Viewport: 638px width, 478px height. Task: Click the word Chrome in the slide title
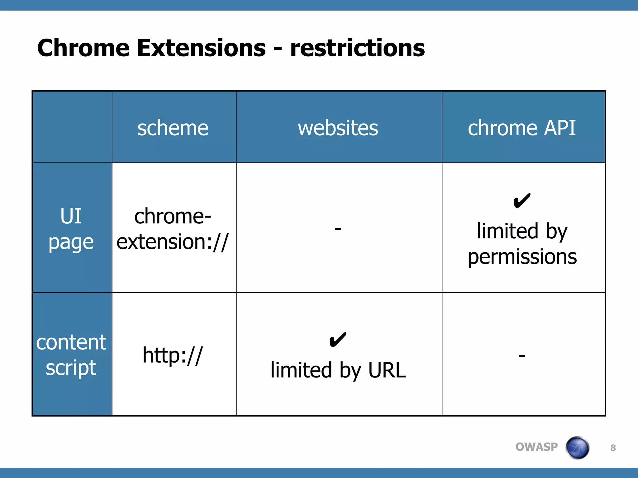[x=83, y=48]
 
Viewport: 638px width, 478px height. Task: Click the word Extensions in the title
[x=201, y=48]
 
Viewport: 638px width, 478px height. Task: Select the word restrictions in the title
[x=357, y=48]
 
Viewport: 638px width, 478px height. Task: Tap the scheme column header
[x=173, y=128]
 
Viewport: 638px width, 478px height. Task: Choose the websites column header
[x=338, y=128]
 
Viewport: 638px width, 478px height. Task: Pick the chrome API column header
[x=522, y=128]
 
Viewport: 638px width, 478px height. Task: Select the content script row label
[x=71, y=355]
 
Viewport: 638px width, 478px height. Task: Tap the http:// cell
[x=173, y=355]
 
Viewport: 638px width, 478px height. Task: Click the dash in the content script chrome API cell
[x=522, y=355]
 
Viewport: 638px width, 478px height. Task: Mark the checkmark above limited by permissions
[x=522, y=201]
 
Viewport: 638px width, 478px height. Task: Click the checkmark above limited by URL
[x=338, y=340]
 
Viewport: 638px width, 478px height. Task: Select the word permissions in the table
[x=522, y=257]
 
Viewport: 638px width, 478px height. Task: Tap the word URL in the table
[x=387, y=370]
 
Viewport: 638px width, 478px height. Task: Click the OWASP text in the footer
[x=536, y=447]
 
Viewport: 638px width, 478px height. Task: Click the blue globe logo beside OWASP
[x=578, y=448]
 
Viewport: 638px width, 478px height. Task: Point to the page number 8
[x=613, y=448]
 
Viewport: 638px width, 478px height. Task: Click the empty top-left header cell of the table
[x=72, y=127]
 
